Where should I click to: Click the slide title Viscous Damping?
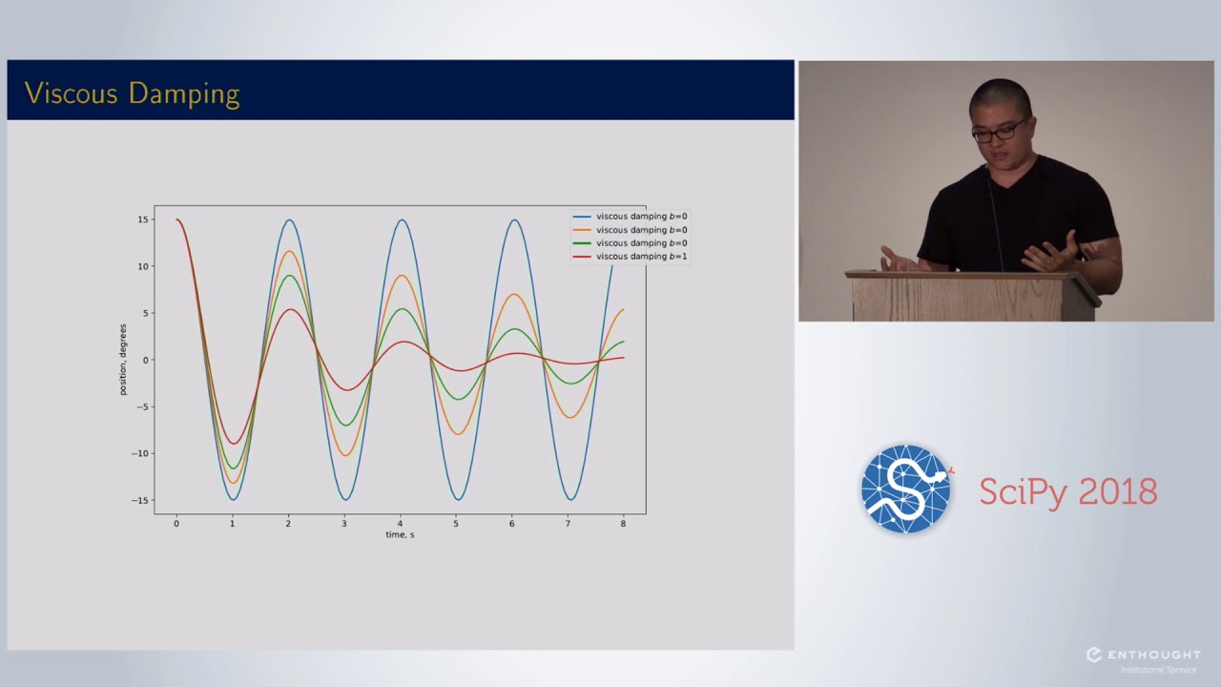[x=132, y=94]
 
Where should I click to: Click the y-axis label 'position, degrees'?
[x=123, y=360]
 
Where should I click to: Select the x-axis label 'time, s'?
[x=400, y=534]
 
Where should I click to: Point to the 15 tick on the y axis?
[x=142, y=219]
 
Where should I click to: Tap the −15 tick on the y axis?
[x=140, y=500]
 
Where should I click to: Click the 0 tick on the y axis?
[x=146, y=360]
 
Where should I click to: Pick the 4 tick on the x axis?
[x=400, y=523]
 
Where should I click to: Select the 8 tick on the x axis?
[x=623, y=523]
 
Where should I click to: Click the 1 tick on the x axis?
[x=232, y=523]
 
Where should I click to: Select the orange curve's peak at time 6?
[x=513, y=294]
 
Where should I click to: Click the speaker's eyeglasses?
[x=1000, y=129]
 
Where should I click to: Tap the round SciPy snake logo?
[x=906, y=489]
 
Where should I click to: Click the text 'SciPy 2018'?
[x=1067, y=492]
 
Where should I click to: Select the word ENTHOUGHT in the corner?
[x=1152, y=655]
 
